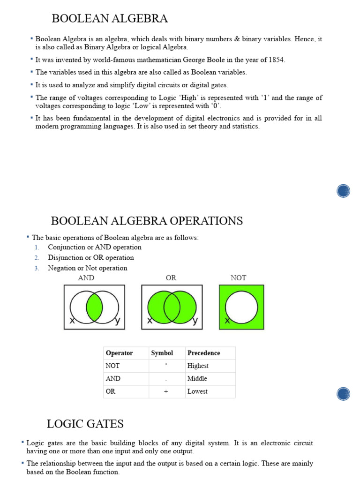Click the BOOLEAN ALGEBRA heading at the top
[109, 19]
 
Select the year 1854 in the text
[276, 60]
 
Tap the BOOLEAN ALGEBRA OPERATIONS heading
[147, 221]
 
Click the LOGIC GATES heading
[85, 424]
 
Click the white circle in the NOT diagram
[241, 307]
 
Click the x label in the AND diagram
[72, 321]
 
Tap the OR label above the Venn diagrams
[171, 278]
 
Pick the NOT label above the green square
[238, 278]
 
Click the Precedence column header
[203, 353]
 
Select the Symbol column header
[162, 353]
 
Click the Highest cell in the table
[198, 366]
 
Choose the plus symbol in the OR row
[166, 391]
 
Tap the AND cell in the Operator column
[113, 378]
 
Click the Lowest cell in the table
[197, 391]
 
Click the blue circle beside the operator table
[343, 393]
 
